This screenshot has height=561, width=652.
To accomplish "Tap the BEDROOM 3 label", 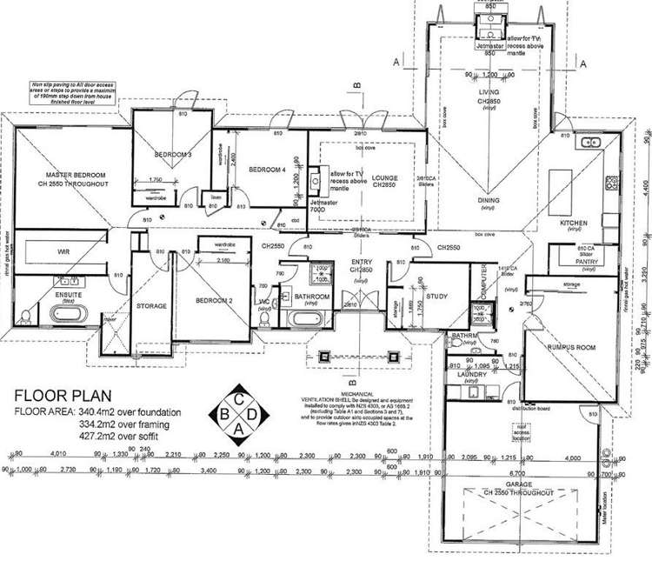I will (173, 154).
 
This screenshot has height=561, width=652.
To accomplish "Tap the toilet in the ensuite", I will (29, 317).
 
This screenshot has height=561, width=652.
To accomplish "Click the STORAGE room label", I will (150, 306).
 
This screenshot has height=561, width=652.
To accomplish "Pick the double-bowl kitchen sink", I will (590, 142).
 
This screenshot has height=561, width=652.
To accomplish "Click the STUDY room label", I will (436, 297).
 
